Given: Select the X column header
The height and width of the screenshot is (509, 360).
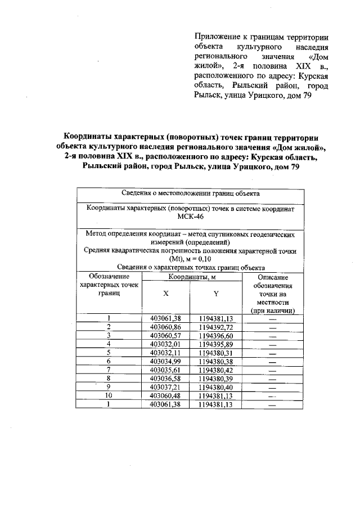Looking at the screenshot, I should click(165, 294).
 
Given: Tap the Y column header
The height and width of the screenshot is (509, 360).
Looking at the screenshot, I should click(216, 294).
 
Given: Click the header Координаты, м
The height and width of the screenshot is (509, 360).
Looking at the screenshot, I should click(191, 277).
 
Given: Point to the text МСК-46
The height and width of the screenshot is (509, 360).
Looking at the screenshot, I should click(191, 217).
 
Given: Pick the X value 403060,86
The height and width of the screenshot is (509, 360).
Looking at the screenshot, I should click(165, 327).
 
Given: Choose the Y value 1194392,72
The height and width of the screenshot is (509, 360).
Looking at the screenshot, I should click(216, 327).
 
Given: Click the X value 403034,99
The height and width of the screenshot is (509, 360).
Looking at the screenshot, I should click(165, 361).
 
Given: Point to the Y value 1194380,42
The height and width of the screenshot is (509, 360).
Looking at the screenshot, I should click(216, 370).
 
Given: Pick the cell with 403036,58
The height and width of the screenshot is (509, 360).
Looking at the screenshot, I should click(165, 379).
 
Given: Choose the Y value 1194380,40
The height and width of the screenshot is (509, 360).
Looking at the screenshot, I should click(216, 388).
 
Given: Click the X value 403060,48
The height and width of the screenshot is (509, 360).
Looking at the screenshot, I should click(165, 396).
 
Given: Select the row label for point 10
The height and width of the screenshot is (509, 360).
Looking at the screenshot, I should click(109, 396).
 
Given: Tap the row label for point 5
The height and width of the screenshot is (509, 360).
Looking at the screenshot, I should click(109, 353).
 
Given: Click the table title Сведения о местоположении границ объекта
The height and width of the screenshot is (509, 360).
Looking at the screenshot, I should click(191, 193).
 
